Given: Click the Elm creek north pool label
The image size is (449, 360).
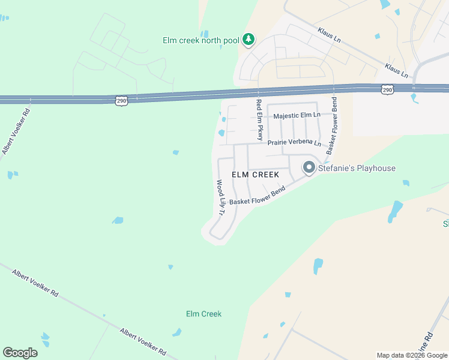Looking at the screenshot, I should click(201, 41).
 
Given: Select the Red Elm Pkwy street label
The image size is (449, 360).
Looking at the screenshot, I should click(260, 119).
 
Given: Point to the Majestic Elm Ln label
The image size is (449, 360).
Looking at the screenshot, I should click(298, 116).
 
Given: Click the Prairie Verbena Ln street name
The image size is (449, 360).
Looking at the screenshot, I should click(295, 143).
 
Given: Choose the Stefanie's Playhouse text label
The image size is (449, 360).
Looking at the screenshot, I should click(357, 168).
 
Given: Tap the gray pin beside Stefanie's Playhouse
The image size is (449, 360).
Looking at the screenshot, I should click(309, 167).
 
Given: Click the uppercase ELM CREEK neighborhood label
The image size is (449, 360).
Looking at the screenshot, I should click(256, 175).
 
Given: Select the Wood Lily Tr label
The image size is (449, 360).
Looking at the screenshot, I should click(220, 197).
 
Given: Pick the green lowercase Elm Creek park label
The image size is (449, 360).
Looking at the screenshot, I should click(203, 314).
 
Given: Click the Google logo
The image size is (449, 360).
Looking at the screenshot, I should click(20, 353).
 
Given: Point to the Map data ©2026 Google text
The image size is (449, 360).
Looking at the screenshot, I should click(412, 355).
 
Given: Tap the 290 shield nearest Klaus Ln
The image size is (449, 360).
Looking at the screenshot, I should click(387, 89).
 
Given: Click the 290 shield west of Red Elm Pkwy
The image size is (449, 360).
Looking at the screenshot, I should click(122, 100).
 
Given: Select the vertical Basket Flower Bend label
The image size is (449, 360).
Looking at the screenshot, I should click(331, 126).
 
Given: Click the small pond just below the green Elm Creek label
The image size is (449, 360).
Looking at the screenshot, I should click(176, 332).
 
